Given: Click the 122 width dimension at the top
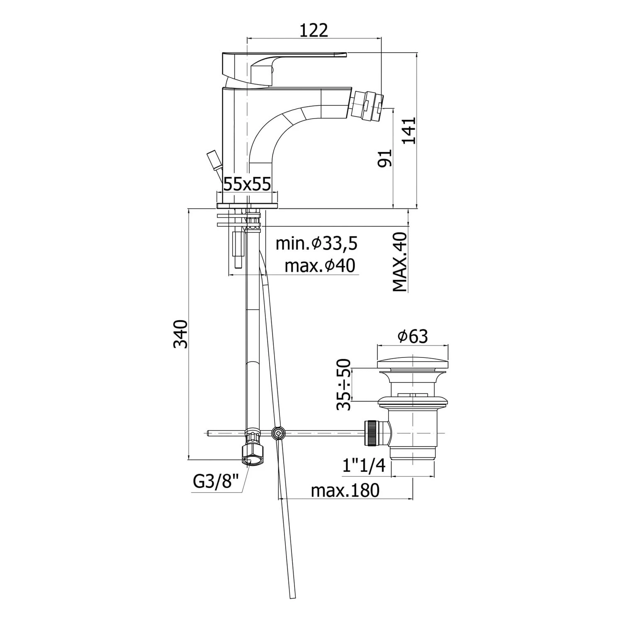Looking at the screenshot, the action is click(313, 30).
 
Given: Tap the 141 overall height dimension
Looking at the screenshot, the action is click(409, 130).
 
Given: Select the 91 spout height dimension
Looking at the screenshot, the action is click(385, 158).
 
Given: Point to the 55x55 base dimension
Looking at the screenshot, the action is click(247, 183).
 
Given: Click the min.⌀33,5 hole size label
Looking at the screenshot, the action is click(317, 243).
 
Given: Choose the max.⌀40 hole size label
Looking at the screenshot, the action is click(320, 266).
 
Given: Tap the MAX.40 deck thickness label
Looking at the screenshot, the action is click(400, 262).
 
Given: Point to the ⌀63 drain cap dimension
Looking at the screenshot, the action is click(413, 336).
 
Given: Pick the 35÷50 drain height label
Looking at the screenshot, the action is click(344, 384).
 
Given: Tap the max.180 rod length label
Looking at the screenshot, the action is click(345, 491).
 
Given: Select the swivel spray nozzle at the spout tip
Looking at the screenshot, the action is click(366, 105).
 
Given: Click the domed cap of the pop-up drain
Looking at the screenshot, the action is click(413, 364).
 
